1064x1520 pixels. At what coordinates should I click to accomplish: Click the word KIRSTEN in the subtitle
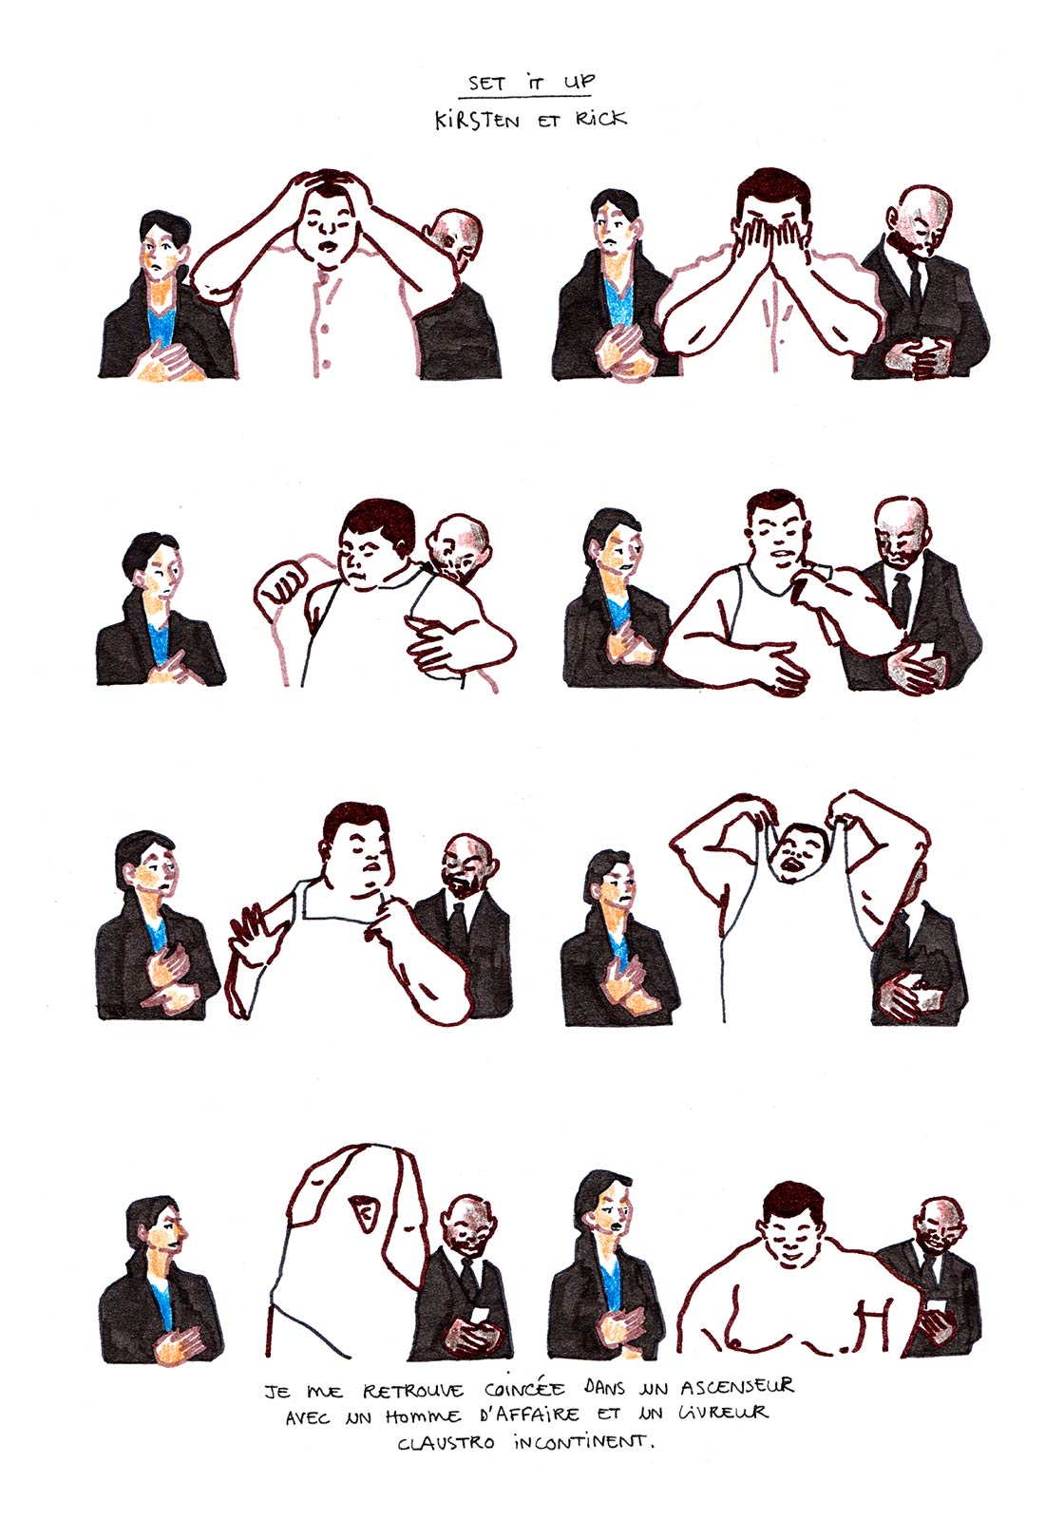(x=477, y=122)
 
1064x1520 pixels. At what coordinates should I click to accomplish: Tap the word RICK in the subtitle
(x=601, y=120)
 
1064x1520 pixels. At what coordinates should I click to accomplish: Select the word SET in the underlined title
(x=486, y=84)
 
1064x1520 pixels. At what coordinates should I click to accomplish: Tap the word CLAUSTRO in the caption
(x=446, y=1443)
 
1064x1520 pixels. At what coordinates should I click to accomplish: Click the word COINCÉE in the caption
(x=524, y=1388)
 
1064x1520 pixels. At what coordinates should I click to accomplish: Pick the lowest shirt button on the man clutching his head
(x=327, y=365)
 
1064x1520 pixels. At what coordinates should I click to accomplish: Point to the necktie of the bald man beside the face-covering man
(x=916, y=285)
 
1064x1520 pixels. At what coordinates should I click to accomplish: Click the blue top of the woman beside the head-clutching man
(x=162, y=327)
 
